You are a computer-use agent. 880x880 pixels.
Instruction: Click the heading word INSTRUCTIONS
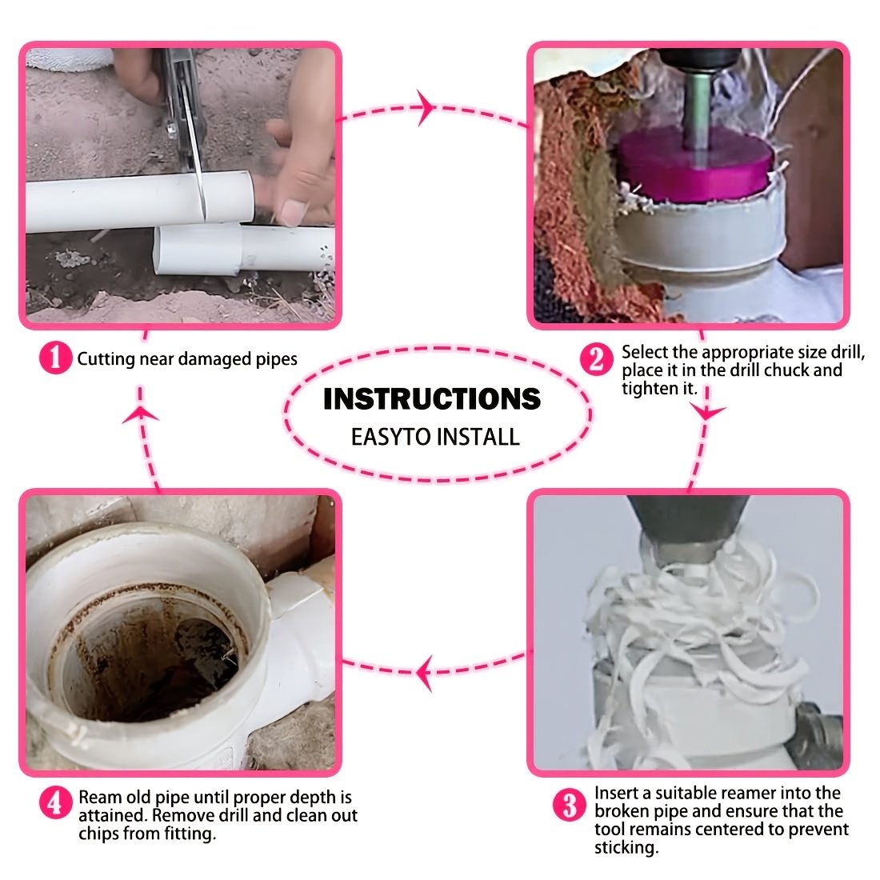(x=432, y=399)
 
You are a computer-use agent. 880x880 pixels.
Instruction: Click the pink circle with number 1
(x=55, y=358)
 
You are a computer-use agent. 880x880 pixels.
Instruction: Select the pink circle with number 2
(x=596, y=359)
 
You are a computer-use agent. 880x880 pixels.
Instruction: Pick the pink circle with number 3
(x=569, y=806)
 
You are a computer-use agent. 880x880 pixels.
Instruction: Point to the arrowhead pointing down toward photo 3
(x=707, y=412)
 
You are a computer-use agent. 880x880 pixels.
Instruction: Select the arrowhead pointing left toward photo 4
(x=424, y=672)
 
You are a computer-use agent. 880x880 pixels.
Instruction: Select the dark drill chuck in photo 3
(x=687, y=527)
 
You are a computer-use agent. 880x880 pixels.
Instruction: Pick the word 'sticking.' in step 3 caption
(x=626, y=847)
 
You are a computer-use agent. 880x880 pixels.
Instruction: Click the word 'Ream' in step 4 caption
(x=100, y=798)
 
